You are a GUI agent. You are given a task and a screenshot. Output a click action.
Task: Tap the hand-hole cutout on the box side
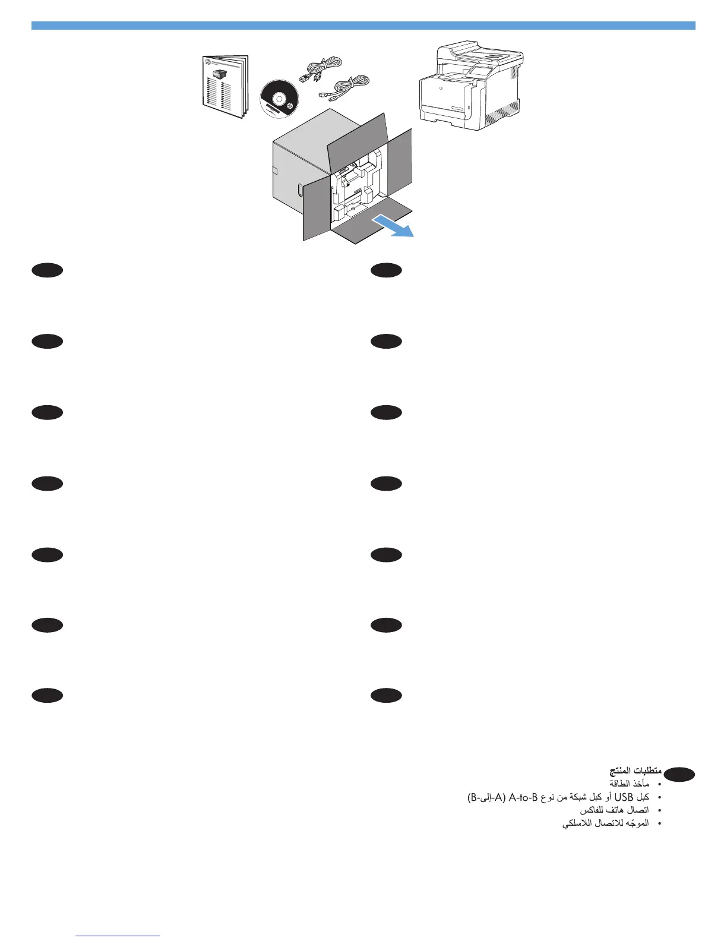click(x=300, y=190)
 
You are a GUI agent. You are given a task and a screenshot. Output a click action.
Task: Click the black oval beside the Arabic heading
click(x=679, y=775)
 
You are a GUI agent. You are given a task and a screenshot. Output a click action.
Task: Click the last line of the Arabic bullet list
click(x=605, y=823)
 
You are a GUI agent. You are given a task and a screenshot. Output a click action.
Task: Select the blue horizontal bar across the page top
click(x=363, y=26)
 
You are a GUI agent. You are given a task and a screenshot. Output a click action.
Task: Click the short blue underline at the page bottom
click(x=118, y=936)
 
